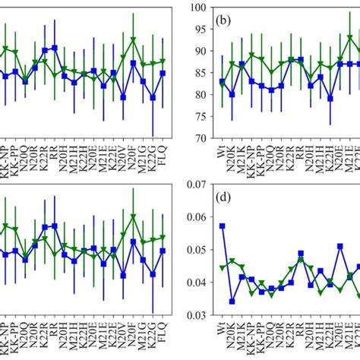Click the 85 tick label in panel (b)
point(199,73)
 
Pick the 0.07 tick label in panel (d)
point(194,185)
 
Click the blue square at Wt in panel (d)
point(223,226)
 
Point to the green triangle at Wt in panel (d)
point(223,268)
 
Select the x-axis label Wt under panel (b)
point(223,152)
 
